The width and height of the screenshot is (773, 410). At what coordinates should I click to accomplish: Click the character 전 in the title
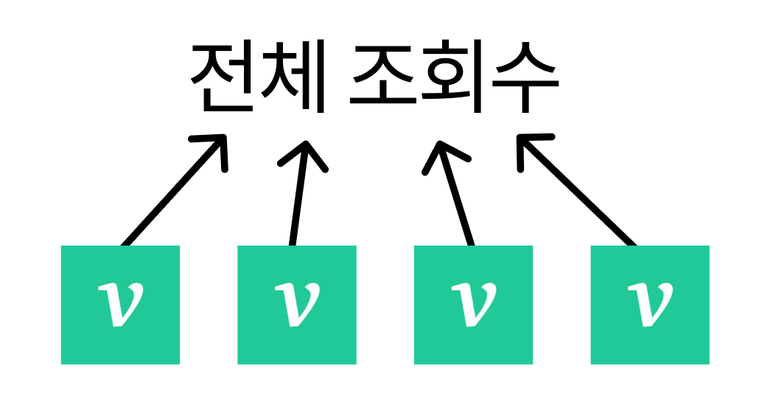(221, 75)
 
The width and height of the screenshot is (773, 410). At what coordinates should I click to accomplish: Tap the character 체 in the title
(293, 75)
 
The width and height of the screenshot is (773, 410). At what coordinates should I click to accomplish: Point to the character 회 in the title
(452, 75)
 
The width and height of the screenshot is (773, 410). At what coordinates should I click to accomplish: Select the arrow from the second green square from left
(300, 193)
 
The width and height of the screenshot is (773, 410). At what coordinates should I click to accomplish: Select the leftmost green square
(120, 305)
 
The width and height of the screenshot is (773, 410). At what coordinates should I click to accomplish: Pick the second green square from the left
(297, 305)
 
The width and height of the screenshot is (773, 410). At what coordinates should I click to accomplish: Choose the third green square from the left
(473, 305)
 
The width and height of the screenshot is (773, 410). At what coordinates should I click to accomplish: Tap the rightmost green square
(650, 305)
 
